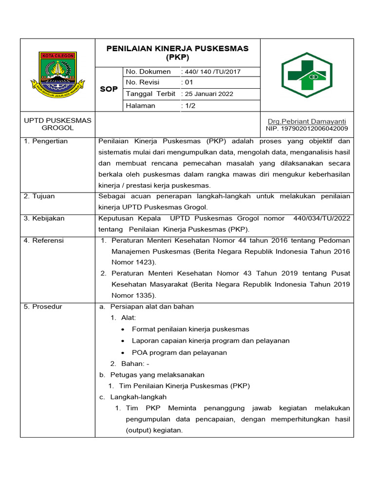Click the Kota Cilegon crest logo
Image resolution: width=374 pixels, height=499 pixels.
[x=57, y=75]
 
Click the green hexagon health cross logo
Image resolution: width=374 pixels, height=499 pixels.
[x=306, y=75]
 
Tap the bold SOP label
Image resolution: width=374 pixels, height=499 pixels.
[x=108, y=89]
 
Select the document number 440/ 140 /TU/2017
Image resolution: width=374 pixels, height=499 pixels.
[x=211, y=72]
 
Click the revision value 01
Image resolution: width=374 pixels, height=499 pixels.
[x=188, y=82]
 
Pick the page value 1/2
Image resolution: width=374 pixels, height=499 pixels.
[x=188, y=106]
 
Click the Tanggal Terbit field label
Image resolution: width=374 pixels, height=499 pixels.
[x=150, y=94]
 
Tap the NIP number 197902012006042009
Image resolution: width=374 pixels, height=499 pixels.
[x=307, y=129]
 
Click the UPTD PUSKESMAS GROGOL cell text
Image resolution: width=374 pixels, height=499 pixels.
[x=57, y=124]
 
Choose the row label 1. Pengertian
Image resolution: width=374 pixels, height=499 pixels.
[x=46, y=141]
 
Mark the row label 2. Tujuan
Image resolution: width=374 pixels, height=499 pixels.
[x=39, y=196]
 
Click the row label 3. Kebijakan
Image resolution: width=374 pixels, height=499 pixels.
[x=44, y=218]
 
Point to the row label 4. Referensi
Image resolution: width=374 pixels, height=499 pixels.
[x=44, y=241]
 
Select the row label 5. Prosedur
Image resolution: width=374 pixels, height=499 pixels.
[x=43, y=307]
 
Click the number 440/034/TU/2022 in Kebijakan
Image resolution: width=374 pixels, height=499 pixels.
[x=321, y=218]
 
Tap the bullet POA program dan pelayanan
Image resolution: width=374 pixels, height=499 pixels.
[x=179, y=352]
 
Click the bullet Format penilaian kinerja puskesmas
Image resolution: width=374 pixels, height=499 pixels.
[x=190, y=329]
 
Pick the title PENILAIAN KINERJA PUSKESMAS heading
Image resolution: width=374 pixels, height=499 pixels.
[x=177, y=48]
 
